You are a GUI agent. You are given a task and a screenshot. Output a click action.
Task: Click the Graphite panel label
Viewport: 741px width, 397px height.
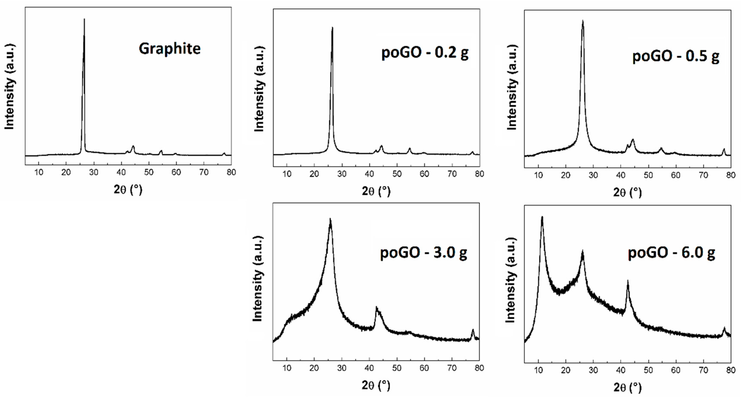[170, 49]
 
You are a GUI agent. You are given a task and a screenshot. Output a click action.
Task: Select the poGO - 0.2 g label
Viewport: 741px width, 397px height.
[425, 53]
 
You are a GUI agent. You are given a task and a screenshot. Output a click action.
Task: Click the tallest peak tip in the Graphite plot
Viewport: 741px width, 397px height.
[84, 19]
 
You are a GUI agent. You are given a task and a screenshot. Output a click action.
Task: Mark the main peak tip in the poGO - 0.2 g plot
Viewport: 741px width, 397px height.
[332, 28]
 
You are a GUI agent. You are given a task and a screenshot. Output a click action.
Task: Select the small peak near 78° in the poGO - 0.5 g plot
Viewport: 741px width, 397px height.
[724, 149]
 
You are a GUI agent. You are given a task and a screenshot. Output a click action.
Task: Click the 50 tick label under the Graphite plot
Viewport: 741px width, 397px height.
[149, 172]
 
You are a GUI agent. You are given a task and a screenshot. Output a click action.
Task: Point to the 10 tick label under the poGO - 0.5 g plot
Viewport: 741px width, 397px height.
[538, 175]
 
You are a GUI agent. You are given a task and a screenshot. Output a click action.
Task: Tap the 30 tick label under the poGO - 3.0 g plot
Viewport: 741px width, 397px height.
[342, 368]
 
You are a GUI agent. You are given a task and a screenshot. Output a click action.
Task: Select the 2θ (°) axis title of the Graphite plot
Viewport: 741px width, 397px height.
[128, 189]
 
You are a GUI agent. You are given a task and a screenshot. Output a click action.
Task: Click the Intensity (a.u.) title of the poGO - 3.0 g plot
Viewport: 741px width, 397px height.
[258, 279]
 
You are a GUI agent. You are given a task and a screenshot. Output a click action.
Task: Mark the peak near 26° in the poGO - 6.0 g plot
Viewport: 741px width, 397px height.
[583, 251]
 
